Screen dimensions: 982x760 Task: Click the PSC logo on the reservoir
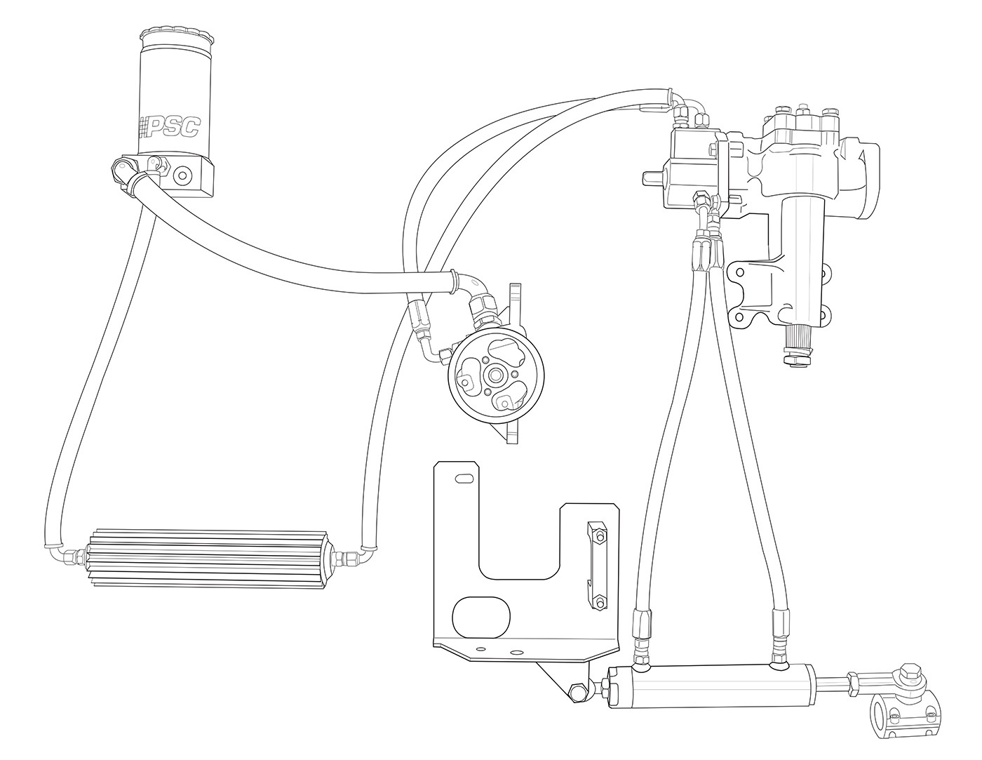click(168, 126)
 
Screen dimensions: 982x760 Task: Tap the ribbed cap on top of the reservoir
click(176, 40)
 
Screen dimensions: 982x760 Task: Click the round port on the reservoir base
click(184, 174)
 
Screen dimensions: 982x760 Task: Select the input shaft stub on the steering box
click(652, 178)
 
